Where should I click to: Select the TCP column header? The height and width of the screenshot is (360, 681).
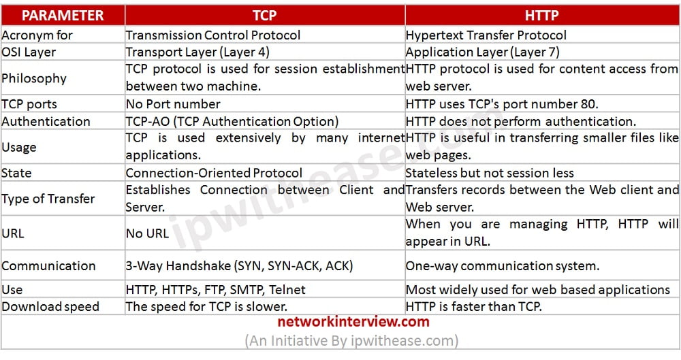264,15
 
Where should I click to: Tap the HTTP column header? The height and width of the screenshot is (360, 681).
543,15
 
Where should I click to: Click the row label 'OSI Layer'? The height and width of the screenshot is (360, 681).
29,52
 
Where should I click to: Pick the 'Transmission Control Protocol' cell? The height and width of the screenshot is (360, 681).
213,35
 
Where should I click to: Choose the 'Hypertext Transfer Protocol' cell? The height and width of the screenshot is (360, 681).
486,35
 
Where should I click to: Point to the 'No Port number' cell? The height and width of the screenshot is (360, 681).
173,104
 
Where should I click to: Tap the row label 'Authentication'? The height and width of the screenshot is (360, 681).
46,121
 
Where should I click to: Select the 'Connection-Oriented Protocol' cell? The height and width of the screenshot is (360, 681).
214,173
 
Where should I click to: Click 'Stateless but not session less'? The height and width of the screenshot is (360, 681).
490,173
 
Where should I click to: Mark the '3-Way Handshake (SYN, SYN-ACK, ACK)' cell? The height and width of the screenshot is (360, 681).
240,266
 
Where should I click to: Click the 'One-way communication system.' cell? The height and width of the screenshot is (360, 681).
503,266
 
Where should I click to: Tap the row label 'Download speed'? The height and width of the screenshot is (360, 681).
50,306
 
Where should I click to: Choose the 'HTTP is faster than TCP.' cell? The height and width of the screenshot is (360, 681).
474,306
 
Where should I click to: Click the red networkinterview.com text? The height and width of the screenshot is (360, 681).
353,322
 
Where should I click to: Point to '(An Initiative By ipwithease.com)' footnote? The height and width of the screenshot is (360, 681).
351,340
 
